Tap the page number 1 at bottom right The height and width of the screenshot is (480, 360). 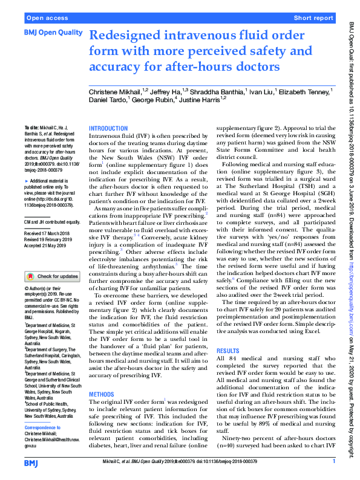[334, 462]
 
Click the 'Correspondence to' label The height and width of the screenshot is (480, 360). [45, 423]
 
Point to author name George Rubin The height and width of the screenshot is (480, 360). [152, 100]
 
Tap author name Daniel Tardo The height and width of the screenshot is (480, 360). [108, 100]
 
